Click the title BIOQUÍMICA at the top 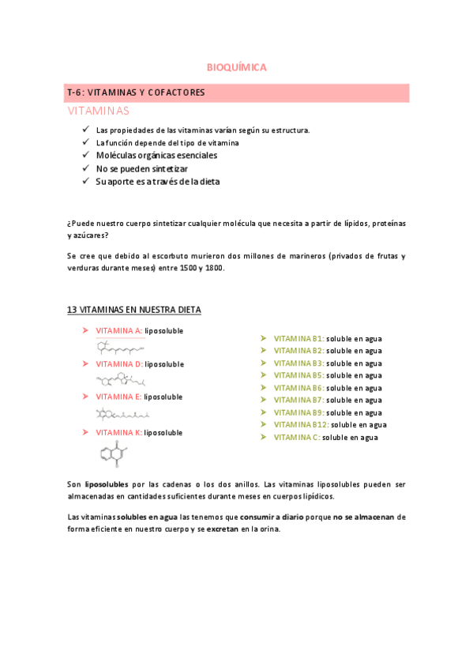point(236,67)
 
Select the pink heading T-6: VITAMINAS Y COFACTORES point(137,92)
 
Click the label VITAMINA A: point(118,330)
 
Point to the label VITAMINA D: point(118,364)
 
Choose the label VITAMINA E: point(118,397)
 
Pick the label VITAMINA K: point(118,433)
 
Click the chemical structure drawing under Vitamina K point(113,457)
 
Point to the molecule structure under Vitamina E point(122,413)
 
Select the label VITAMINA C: point(297,438)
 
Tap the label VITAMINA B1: point(298,338)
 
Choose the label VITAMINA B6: point(298,388)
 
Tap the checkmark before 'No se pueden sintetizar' point(86,168)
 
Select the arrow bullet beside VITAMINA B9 point(264,412)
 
